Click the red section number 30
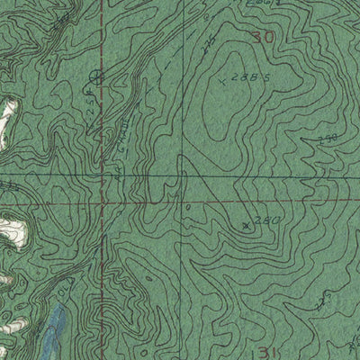262,37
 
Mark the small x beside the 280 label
247,224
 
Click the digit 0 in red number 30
267,37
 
